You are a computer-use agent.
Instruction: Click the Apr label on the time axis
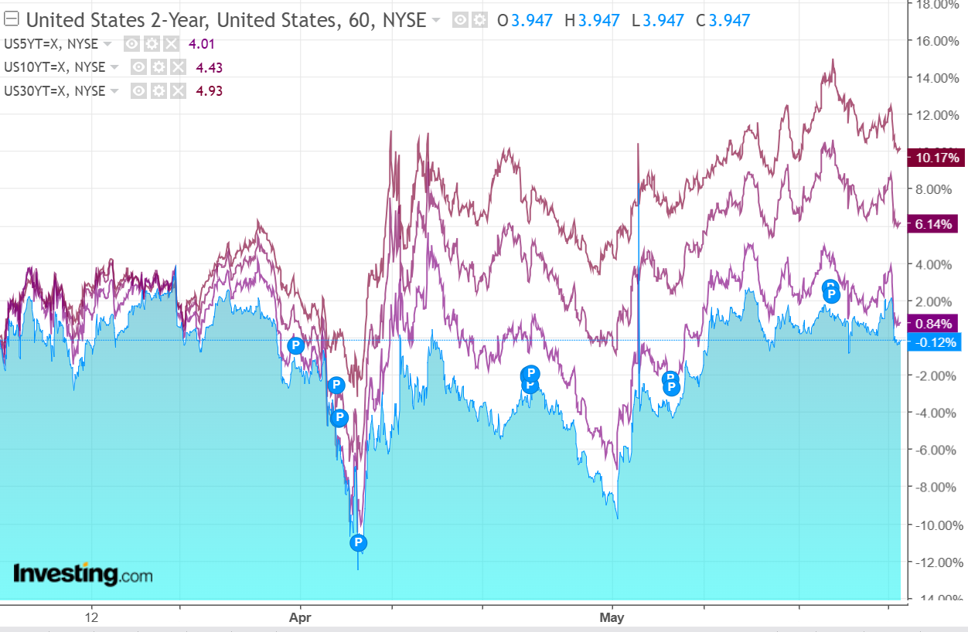[299, 618]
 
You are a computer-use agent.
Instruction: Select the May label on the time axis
[612, 618]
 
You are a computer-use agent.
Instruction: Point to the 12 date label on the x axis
[92, 618]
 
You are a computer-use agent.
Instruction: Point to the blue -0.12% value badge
[936, 342]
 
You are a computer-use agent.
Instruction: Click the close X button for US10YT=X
[179, 67]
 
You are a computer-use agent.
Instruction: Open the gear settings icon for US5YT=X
[152, 44]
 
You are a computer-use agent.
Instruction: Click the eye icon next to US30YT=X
[138, 90]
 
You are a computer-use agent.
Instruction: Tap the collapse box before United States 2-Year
[12, 20]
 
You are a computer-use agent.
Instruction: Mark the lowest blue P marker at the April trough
[358, 542]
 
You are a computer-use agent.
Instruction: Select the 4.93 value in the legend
[209, 90]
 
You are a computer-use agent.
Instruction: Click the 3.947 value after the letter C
[729, 20]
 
